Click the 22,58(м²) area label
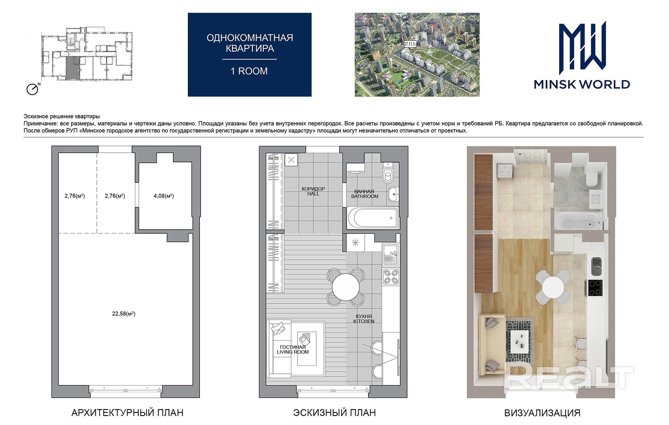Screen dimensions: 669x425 pos(123,314)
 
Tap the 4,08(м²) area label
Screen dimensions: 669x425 pos(164,196)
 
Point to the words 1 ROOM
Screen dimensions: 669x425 pos(249,71)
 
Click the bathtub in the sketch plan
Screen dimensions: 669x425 pos(372,218)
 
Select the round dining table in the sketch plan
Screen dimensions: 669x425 pos(346,287)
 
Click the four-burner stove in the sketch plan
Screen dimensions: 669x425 pos(391,277)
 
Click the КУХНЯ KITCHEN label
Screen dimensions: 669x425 pos(364,319)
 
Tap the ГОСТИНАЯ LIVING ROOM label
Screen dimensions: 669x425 pos(293,350)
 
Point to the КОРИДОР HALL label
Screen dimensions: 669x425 pos(313,191)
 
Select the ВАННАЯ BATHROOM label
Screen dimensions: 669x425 pos(365,194)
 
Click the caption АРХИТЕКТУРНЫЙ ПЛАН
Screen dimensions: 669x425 pos(127,413)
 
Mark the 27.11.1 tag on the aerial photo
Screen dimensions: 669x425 pos(410,44)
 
